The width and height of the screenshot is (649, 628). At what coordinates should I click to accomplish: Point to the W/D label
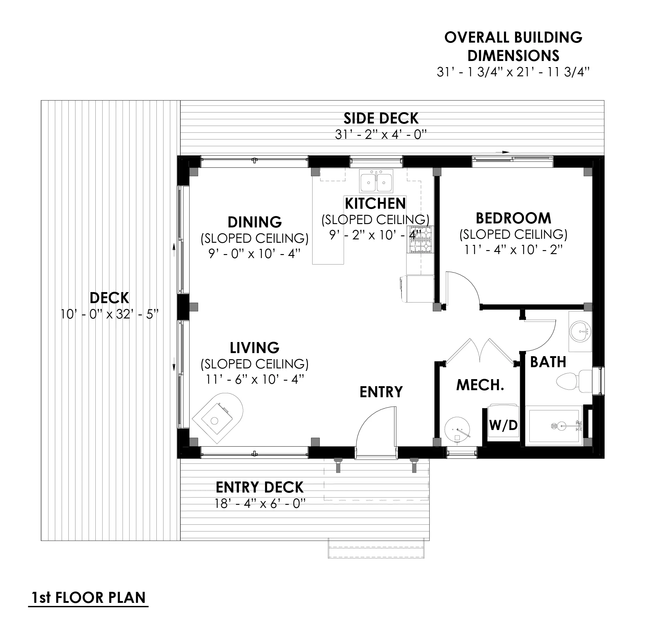point(503,425)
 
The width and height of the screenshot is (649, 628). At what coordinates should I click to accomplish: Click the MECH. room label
point(480,385)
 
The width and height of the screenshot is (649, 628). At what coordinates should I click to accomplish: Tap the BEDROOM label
point(513,219)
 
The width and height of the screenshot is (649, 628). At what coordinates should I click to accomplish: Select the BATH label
point(548,362)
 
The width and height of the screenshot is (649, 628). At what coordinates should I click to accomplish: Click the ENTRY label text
point(381,392)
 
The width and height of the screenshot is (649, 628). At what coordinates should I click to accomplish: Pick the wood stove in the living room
point(219,417)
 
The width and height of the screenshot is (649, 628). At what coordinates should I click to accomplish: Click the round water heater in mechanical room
point(457,429)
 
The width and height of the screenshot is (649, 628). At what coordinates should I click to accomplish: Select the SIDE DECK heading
point(381,118)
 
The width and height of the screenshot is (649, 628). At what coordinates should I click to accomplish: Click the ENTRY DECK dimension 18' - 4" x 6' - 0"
point(259,504)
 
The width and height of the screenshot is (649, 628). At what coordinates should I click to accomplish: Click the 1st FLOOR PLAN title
point(88,598)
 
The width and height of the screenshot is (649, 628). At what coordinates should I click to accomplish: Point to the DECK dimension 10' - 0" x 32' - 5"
point(109,314)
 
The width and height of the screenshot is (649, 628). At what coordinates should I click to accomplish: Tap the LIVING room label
point(255,348)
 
